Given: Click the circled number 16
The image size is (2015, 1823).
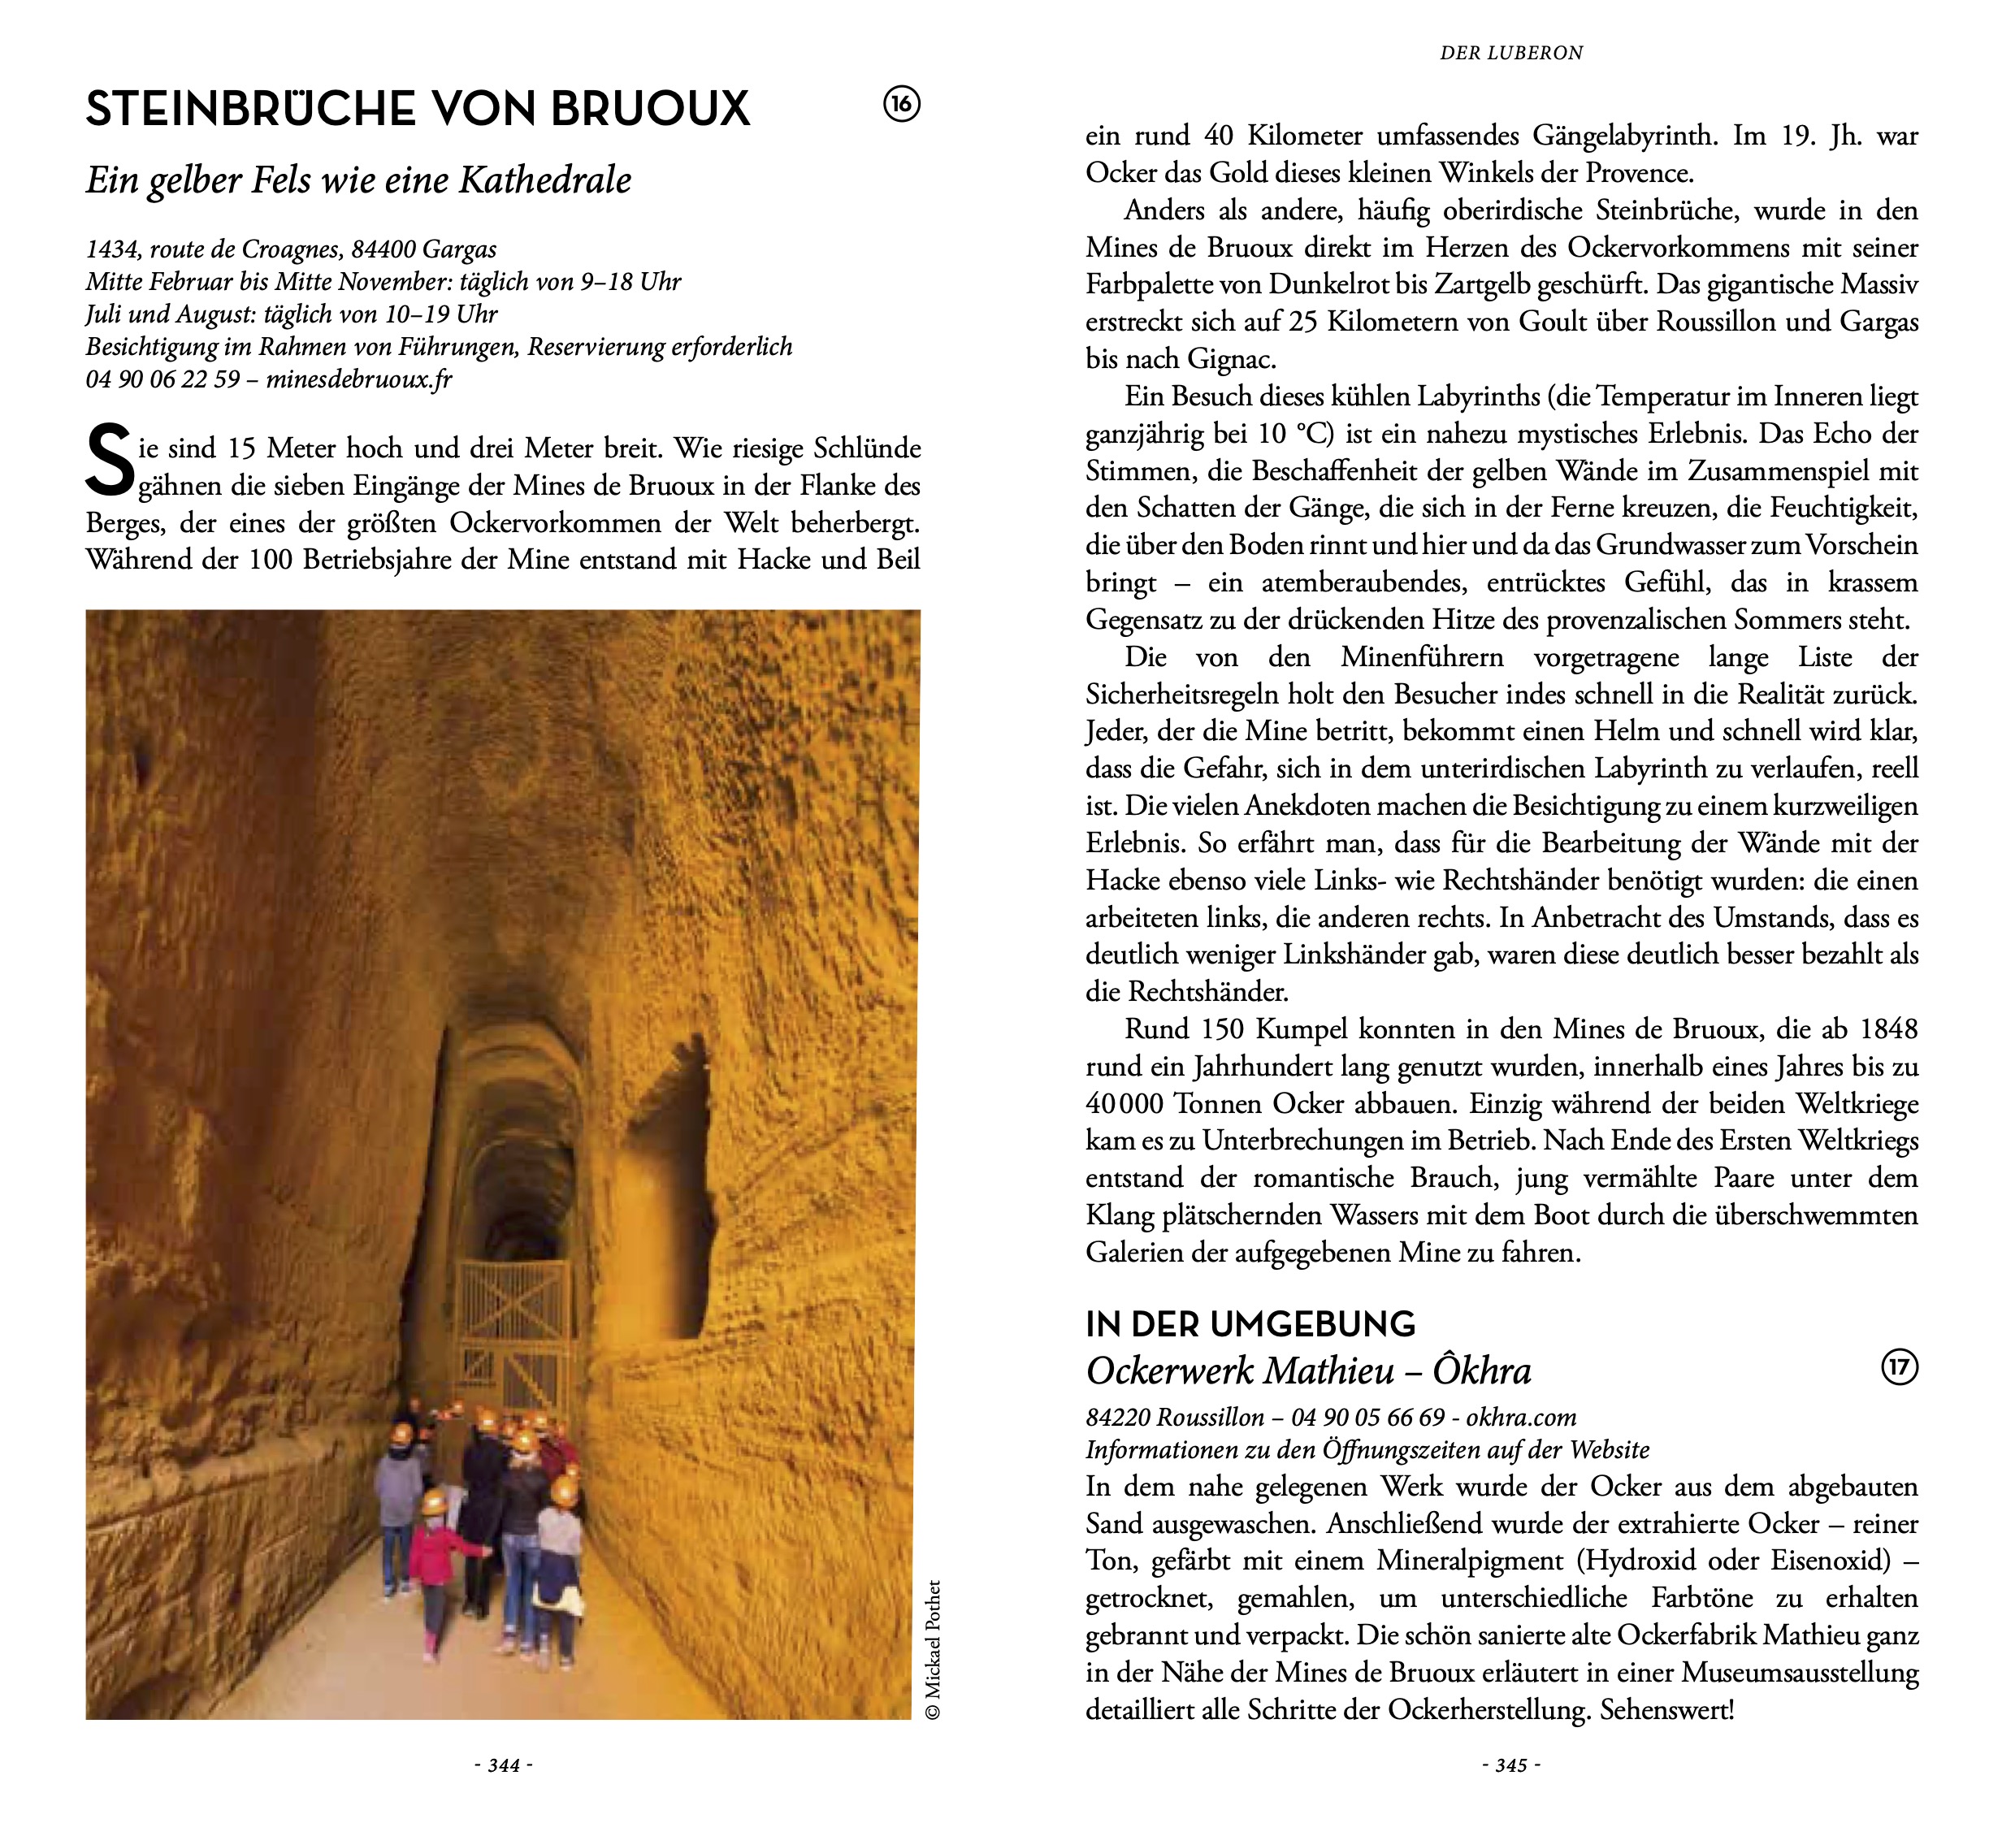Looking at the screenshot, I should [902, 104].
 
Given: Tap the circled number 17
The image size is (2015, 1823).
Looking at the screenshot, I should [1899, 1367].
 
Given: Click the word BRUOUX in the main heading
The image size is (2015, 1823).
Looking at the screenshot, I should [650, 109].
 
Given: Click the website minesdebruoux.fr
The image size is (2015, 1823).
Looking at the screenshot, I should [359, 380].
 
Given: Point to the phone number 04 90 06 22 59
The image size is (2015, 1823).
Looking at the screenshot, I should [162, 380].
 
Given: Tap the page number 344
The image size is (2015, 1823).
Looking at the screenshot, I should [504, 1766].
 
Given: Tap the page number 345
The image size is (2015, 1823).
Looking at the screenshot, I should [1511, 1766].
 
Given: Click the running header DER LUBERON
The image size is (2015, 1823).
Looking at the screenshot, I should [1511, 53].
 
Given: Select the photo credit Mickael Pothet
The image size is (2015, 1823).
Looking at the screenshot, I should [934, 1649].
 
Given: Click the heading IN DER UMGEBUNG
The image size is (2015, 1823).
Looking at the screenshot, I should [1250, 1324].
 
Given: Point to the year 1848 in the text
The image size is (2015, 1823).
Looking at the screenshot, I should [1888, 1029].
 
